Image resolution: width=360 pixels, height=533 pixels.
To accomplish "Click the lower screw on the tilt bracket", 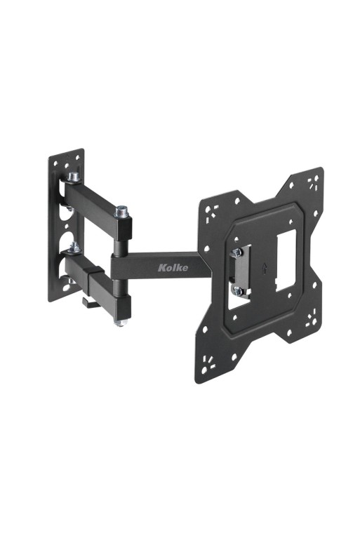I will coord(239,289).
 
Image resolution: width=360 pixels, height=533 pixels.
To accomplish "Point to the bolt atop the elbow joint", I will coord(121,209).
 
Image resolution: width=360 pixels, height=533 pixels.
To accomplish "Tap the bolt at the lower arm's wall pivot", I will coord(72,246).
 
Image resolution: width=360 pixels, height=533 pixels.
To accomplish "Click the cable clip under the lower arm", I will coord(89,302).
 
